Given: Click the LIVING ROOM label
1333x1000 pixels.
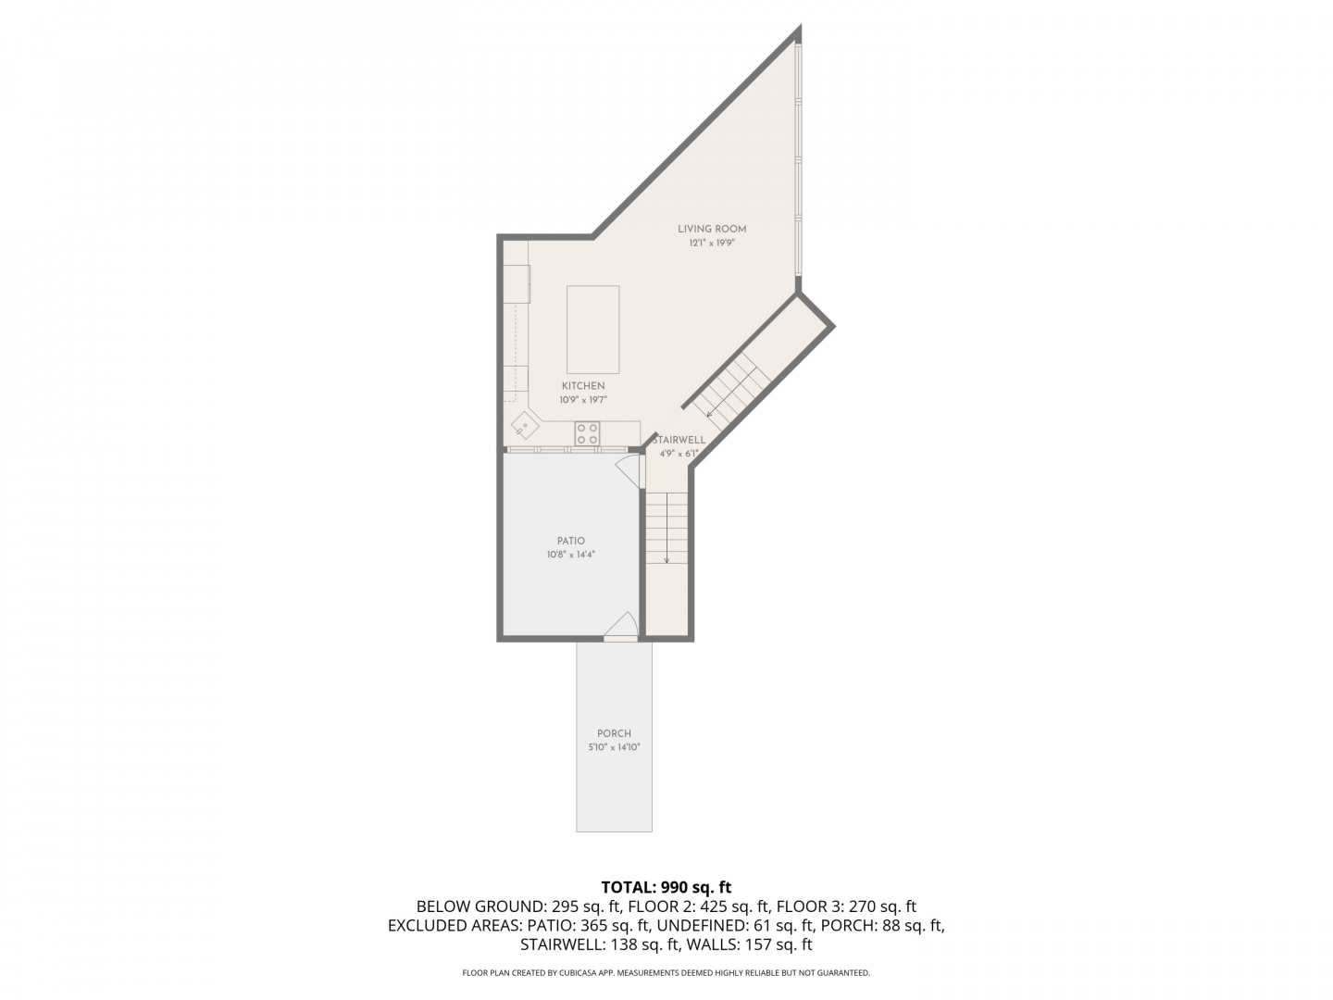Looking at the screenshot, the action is (706, 228).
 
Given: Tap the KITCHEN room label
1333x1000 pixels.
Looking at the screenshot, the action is (579, 383).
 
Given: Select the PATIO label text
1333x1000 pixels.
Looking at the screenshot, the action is (567, 537).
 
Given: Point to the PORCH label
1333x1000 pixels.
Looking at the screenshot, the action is (610, 728).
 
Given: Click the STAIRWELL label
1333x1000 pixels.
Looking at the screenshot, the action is (675, 436).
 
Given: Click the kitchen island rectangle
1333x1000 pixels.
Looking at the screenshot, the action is (589, 327).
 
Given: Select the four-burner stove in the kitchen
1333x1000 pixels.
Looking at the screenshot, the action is (583, 431).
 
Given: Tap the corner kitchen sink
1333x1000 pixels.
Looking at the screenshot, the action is (522, 422).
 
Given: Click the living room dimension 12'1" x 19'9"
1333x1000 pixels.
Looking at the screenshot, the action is (706, 242).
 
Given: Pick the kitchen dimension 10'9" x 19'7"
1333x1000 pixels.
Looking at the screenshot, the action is (579, 397).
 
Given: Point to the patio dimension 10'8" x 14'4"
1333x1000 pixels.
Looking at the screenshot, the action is (567, 551).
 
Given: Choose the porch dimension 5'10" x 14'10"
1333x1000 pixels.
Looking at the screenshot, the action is (610, 742).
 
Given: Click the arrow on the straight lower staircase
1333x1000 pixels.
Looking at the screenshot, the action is (662, 524).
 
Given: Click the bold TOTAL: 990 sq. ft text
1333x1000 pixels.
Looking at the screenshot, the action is (661, 881).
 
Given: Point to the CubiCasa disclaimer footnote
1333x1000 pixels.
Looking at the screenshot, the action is (661, 966).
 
